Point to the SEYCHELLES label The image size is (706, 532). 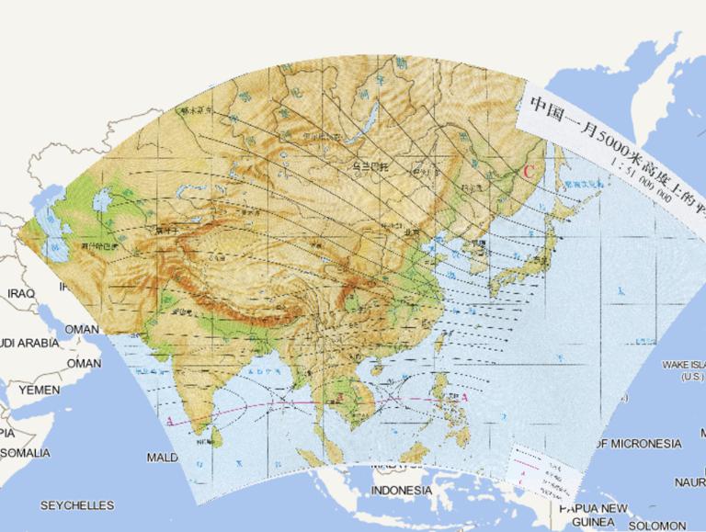pyautogui.click(x=77, y=505)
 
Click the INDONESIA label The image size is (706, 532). pyautogui.click(x=401, y=491)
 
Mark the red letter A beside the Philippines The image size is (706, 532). pyautogui.click(x=464, y=398)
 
